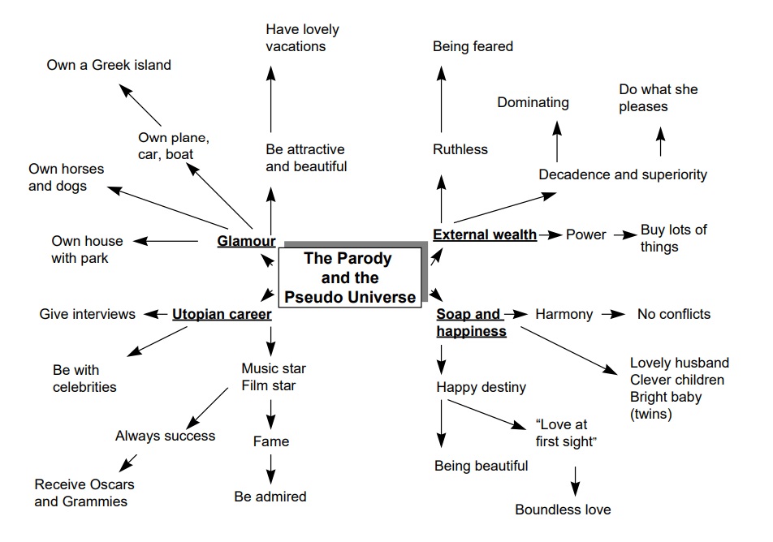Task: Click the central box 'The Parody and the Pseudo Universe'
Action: coord(350,277)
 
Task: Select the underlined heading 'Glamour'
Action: coord(246,241)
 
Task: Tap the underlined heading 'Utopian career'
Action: coord(221,314)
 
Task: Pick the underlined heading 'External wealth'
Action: coord(485,234)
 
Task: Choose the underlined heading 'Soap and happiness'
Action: coord(470,322)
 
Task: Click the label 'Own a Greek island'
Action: coord(109,65)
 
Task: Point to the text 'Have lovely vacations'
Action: coord(302,38)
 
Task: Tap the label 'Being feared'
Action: coord(473,46)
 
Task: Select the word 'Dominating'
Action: coord(533,102)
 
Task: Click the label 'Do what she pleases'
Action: coord(658,97)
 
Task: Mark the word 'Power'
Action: coord(585,234)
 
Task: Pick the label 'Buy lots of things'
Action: coord(673,238)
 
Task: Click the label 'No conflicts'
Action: coord(673,314)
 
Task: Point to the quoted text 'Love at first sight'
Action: coord(566,432)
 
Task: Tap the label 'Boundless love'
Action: coord(563,510)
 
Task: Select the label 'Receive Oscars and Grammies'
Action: coord(84,493)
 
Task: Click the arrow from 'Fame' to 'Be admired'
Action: coord(270,469)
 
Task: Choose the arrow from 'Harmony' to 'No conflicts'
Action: coord(614,314)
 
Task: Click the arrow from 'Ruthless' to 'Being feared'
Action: coord(442,99)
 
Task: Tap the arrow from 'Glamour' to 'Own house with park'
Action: coord(166,241)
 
